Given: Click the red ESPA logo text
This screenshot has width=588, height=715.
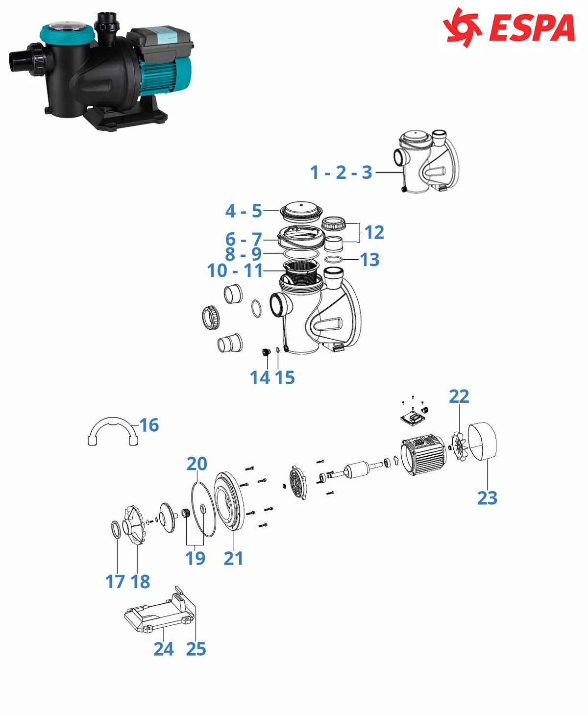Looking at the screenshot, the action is pos(532,28).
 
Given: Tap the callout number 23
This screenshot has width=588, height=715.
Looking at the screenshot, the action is pos(487,498).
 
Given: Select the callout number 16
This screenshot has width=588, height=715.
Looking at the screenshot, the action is pos(149,425).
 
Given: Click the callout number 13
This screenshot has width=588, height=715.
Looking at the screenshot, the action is pos(369,260).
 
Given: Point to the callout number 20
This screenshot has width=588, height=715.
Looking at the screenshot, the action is pos(196,464).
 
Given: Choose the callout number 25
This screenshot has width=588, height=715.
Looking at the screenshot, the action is pos(196,649).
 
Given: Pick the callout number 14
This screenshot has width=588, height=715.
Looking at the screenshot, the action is pos(260,378).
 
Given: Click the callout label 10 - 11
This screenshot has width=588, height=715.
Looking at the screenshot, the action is pos(235,271).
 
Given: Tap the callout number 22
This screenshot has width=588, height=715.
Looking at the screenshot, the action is pos(459,396).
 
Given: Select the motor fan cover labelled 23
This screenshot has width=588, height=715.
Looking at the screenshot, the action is pos(482,441).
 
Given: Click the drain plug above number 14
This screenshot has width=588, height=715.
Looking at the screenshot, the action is pos(266,351).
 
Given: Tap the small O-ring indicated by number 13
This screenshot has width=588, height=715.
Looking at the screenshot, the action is pos(333,260).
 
